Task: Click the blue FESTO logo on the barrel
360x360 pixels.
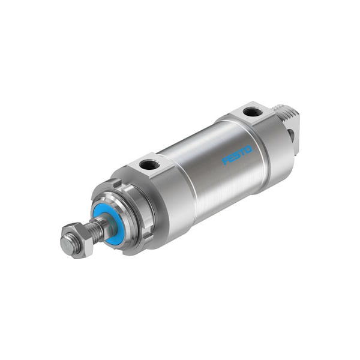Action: pos(237,155)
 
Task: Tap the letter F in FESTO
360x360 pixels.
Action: pos(225,161)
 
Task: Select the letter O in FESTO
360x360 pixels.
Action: pos(249,148)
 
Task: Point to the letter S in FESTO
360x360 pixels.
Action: pos(237,155)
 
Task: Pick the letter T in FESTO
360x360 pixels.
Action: pos(243,152)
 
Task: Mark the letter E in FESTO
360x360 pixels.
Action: pos(231,158)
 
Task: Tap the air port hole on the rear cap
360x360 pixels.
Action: pos(253,112)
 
